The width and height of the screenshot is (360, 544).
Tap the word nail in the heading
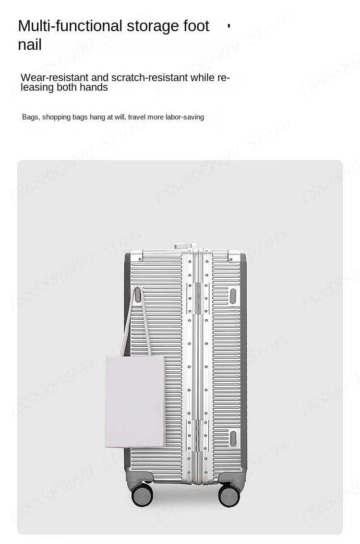[x=30, y=45]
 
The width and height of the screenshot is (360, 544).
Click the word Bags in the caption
[x=30, y=117]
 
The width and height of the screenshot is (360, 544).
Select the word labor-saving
[x=185, y=117]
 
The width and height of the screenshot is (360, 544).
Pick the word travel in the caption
[x=137, y=117]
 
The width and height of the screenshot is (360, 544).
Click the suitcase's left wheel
[x=142, y=495]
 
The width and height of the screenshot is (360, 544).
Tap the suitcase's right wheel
[x=229, y=495]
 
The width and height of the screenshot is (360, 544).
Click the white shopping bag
[x=135, y=402]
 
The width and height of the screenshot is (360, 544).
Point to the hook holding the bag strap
[x=138, y=295]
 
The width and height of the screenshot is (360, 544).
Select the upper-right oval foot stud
[x=233, y=296]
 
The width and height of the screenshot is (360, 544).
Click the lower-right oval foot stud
[x=233, y=438]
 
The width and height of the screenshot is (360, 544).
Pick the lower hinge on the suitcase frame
[x=197, y=436]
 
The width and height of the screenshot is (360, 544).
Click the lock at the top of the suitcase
[x=185, y=246]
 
